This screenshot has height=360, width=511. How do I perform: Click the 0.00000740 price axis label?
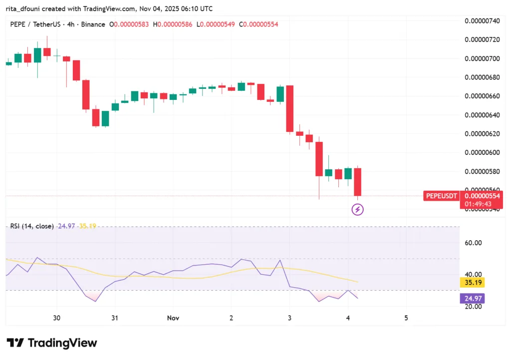coord(482,21)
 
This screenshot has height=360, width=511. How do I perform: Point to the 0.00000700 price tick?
coord(482,58)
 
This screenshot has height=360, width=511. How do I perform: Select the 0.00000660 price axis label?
coord(482,96)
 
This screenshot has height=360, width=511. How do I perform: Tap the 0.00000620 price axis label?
coord(482,134)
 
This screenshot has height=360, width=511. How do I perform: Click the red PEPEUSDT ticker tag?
coord(441,196)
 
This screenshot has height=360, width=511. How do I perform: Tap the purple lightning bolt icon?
coord(358,210)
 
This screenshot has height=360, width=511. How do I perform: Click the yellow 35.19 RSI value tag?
coord(472,283)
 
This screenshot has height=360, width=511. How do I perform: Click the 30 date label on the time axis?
coord(57,318)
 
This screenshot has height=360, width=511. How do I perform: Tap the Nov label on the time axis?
coord(173,318)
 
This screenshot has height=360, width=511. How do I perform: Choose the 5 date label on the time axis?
coord(406,318)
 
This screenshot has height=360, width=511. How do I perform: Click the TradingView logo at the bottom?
coord(52,343)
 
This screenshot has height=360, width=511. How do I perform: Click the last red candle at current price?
coord(357,182)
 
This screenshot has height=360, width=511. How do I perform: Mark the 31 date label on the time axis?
coord(115,318)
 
